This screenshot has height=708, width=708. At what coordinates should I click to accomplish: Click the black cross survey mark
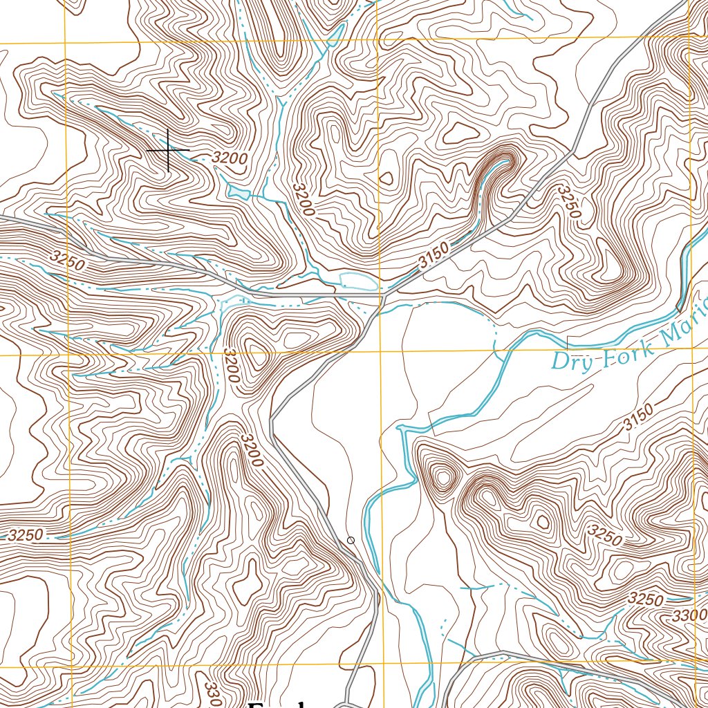click(x=168, y=150)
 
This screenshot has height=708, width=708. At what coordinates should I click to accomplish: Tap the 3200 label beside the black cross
click(x=230, y=158)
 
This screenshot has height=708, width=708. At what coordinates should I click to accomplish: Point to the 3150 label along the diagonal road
click(x=434, y=257)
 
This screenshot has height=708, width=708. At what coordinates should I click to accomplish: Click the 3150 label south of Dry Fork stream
click(x=637, y=420)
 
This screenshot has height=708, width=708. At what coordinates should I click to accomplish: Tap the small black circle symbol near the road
click(x=351, y=540)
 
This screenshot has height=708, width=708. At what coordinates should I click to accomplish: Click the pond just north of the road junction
click(x=358, y=281)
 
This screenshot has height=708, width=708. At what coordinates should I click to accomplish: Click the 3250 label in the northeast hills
click(x=568, y=201)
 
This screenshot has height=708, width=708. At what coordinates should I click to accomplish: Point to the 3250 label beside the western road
click(x=67, y=260)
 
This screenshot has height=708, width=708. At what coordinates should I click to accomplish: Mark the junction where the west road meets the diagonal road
click(x=381, y=297)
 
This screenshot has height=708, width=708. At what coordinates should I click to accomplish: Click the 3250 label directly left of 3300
click(x=646, y=599)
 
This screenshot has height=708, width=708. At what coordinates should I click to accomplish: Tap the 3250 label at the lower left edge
click(x=26, y=534)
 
